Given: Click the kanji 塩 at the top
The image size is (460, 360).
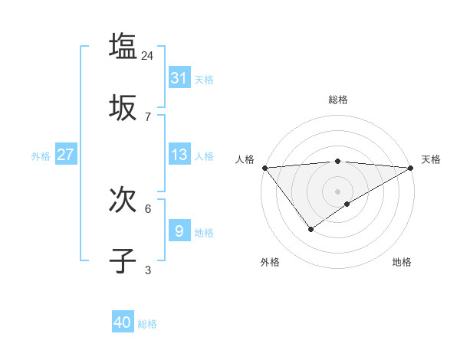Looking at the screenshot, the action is pos(123,46).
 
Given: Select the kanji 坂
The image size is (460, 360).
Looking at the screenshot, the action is pos(123,108).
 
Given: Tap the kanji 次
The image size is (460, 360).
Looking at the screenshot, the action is pos(123,201).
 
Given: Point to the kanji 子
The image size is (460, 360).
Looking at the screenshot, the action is pos(123,261).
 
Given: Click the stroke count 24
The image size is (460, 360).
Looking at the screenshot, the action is pos(148,55).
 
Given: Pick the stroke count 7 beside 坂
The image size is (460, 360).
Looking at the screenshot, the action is pos(148,116).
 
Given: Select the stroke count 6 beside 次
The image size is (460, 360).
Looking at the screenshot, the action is pos(148,208).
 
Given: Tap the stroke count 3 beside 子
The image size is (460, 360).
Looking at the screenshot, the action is pos(148,270).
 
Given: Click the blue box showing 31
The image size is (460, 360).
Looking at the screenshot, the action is pos(179,77).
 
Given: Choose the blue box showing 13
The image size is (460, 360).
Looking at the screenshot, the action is pos(179,155).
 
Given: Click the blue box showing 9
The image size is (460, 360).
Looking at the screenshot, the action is pos(179,231).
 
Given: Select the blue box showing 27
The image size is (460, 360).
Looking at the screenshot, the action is pos(65,155).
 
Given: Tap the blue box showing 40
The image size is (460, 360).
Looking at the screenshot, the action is pos(123,322).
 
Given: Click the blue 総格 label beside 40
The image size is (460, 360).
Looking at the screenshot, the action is pos(147,324).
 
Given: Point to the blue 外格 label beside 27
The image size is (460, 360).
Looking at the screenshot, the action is pos(41,156).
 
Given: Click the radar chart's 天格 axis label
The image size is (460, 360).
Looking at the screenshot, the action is pos(432,159).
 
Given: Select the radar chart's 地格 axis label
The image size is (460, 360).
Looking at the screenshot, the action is pos(402,262).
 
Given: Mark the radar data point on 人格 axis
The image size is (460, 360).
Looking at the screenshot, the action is pos(264,168).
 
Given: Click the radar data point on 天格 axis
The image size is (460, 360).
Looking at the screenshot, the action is pos(411,168).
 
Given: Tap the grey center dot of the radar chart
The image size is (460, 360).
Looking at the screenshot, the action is pos(338,191).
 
